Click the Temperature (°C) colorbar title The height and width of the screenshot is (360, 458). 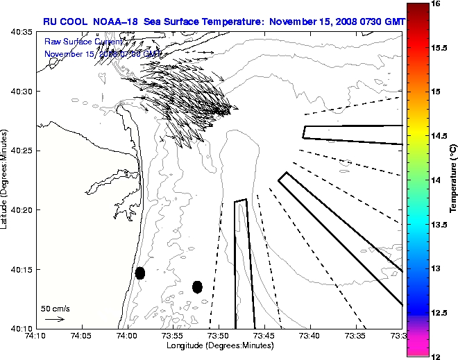coord(452,180)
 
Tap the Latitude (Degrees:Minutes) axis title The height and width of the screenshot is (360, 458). coord(6,180)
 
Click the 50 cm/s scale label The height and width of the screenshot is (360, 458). coord(56,308)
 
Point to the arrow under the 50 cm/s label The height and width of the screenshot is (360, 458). coord(55,319)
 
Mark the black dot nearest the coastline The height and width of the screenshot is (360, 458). coord(139,273)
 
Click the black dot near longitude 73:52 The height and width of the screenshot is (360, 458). coord(197,286)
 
